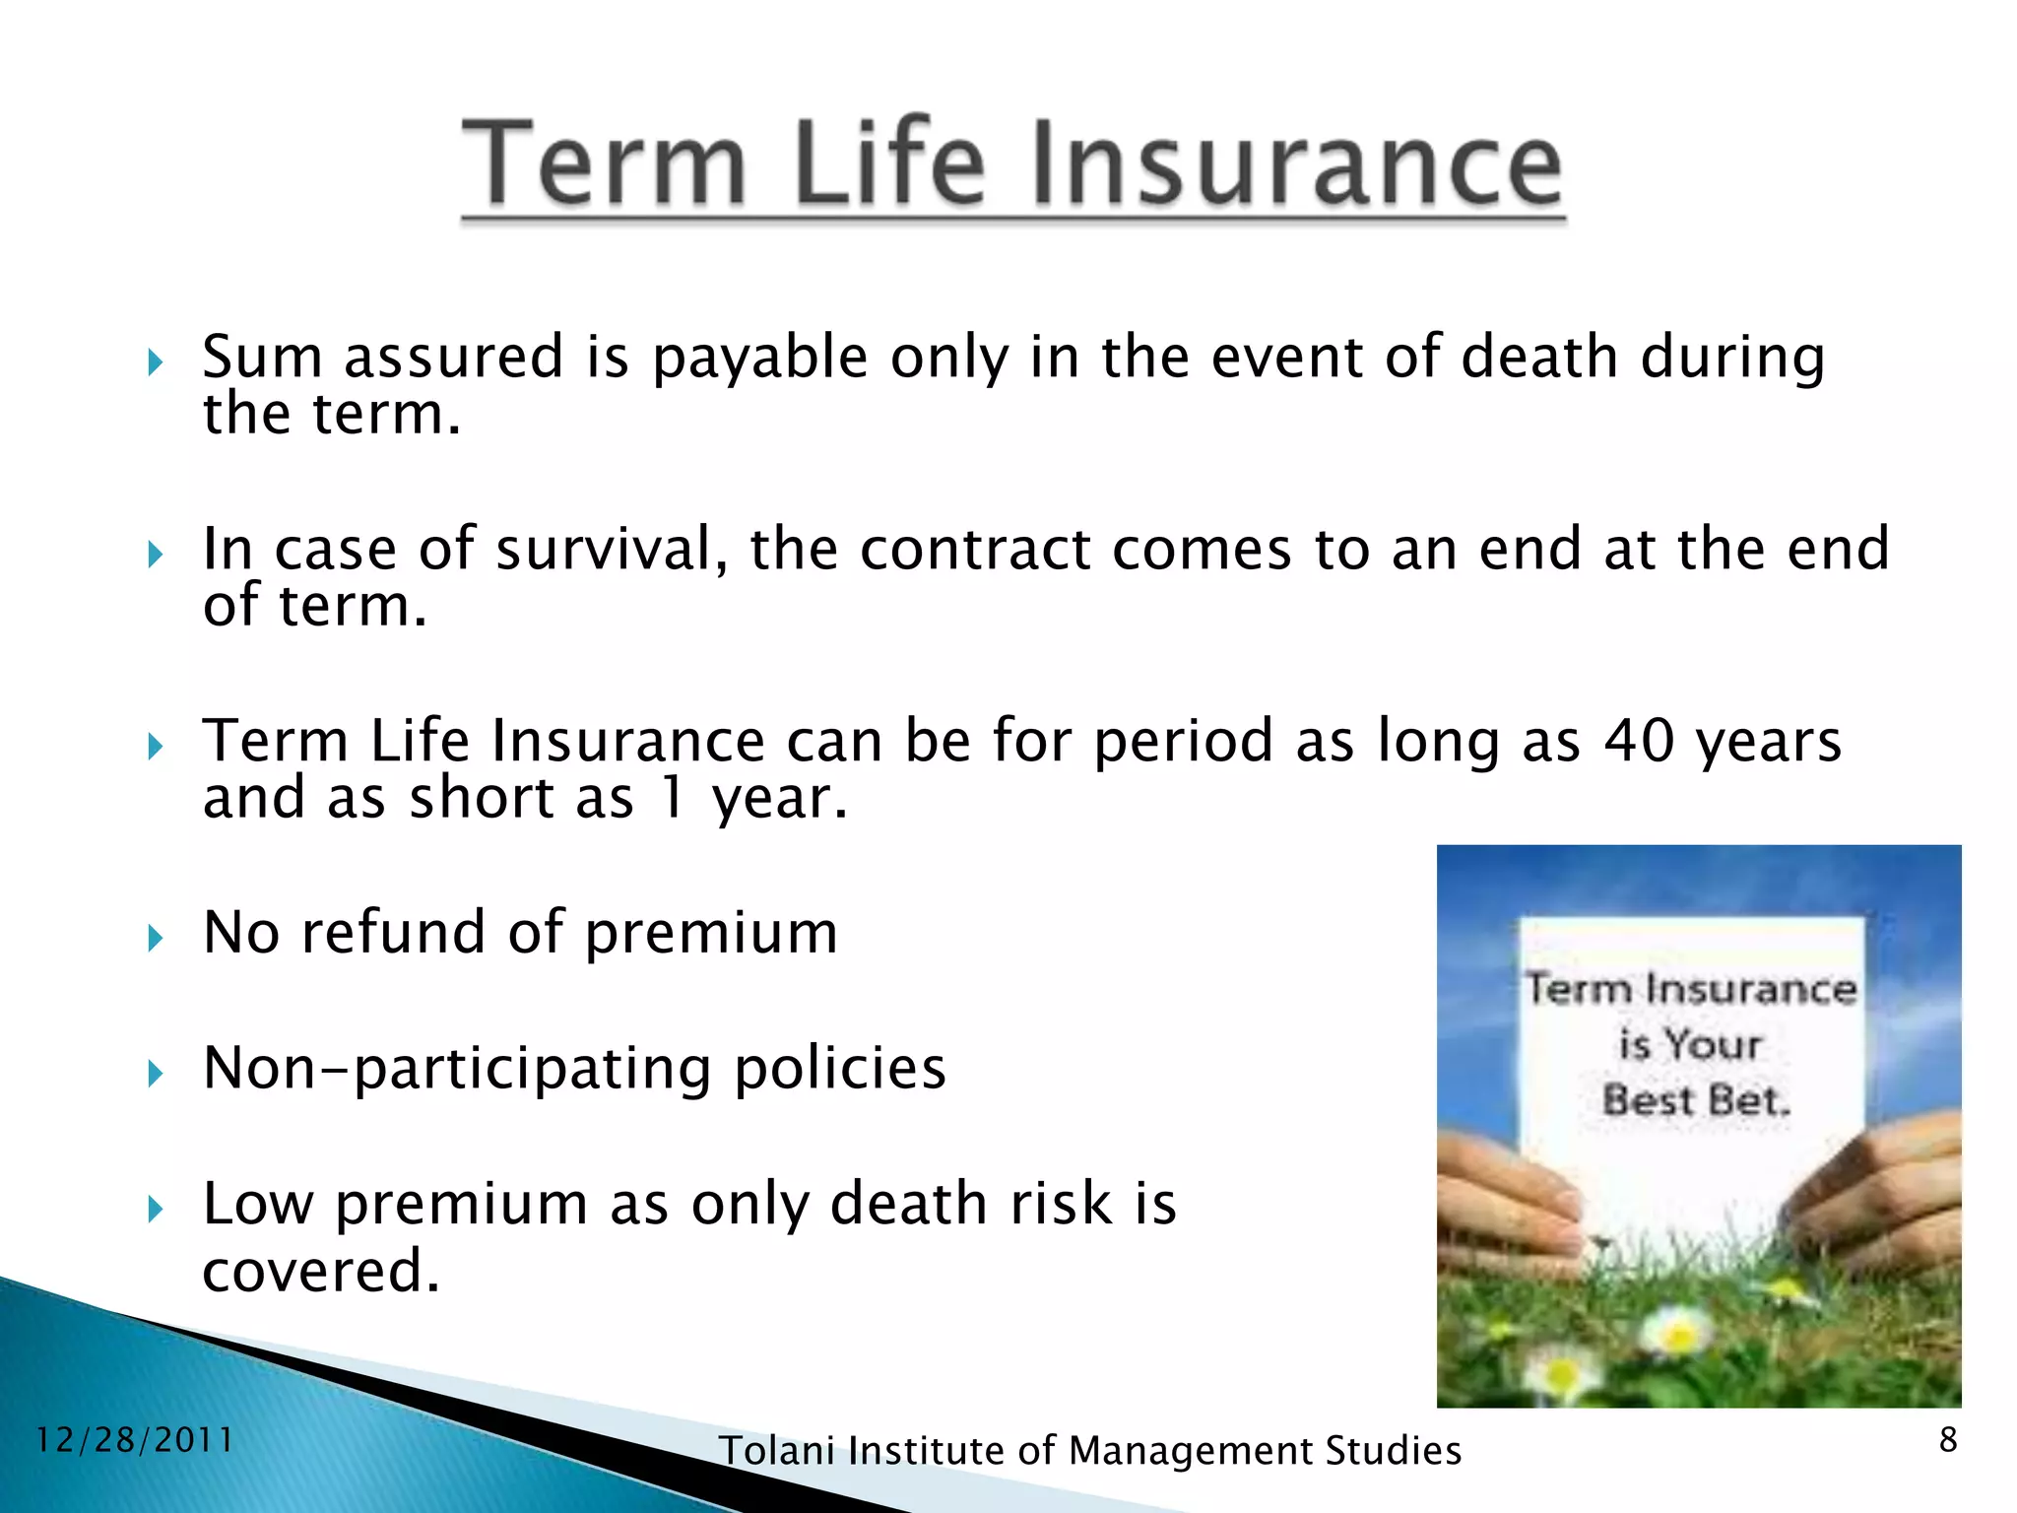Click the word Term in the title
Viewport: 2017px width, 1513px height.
[604, 163]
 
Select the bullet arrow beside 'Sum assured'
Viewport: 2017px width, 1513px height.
[155, 362]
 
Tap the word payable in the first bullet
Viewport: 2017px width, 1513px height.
[759, 359]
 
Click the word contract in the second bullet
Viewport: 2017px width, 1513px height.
[974, 549]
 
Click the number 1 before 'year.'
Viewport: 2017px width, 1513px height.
[672, 798]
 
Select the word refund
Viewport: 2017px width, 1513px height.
[393, 932]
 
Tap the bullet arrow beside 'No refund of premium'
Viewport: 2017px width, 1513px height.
[155, 938]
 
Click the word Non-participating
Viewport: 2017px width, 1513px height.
[457, 1070]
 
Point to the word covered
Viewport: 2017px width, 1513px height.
[320, 1271]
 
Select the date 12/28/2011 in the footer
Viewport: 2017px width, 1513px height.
[135, 1441]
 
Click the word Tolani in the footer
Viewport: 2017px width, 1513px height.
[777, 1451]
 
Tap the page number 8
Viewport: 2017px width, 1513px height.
[1947, 1440]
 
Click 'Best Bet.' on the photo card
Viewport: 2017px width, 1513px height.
[1695, 1100]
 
